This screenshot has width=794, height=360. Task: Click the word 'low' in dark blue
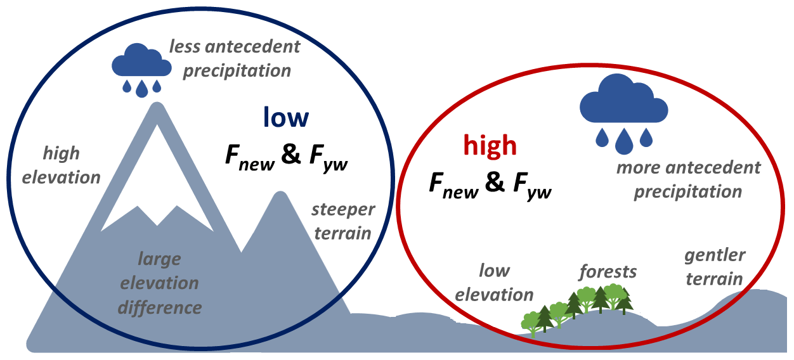[x=286, y=118]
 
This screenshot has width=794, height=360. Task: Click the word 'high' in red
[x=490, y=146]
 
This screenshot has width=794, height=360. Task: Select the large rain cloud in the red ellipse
[x=624, y=101]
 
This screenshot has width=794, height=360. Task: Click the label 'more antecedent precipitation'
[x=688, y=179]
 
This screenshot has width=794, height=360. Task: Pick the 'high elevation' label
[x=61, y=165]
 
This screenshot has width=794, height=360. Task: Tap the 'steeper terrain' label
[x=343, y=221]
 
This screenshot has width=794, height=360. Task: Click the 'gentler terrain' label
[x=714, y=267]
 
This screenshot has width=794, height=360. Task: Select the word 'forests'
[x=608, y=272]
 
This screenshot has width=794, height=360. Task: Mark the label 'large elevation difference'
[x=159, y=283]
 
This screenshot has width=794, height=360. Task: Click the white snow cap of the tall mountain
[x=155, y=184]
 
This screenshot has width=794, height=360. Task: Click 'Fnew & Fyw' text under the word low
[x=287, y=157]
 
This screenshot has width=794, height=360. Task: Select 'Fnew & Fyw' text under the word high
[x=490, y=184]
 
